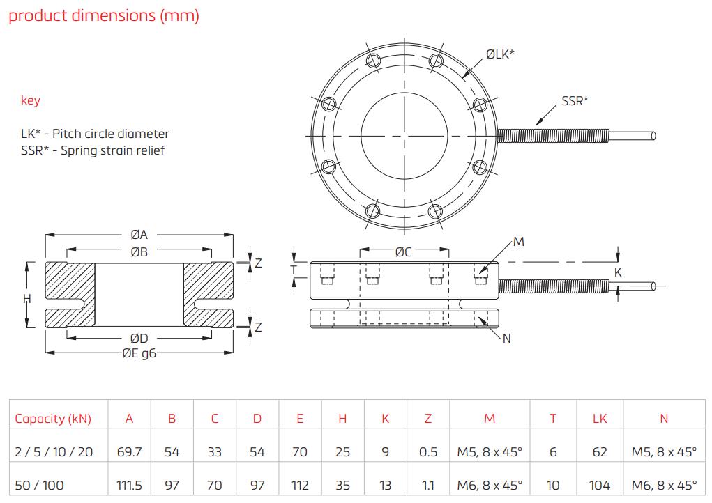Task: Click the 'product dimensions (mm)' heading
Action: click(104, 16)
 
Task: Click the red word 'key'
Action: click(31, 100)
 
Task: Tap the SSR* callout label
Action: click(575, 100)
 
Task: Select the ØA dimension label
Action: click(139, 235)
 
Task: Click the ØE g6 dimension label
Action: click(139, 353)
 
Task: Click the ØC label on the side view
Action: click(404, 252)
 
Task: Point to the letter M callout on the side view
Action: click(518, 242)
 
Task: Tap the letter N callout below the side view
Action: click(506, 339)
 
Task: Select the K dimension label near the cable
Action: click(618, 273)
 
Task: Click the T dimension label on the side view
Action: click(294, 270)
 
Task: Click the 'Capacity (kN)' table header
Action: click(53, 419)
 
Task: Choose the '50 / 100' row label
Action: click(40, 485)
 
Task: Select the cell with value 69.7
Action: click(129, 452)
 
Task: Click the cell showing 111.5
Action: click(129, 485)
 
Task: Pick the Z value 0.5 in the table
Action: click(428, 452)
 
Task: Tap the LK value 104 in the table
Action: click(600, 485)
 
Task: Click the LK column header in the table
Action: click(600, 419)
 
